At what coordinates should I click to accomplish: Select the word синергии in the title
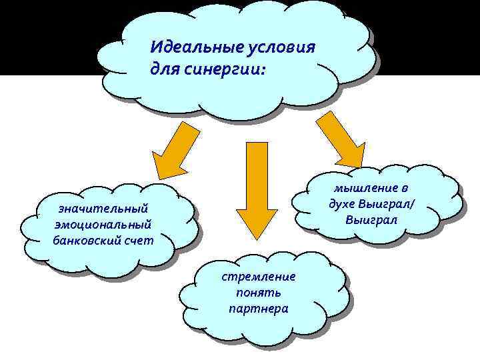pos(221,69)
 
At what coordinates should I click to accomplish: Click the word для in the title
pos(164,69)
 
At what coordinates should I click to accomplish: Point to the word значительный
pos(102,209)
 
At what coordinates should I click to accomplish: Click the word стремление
pos(259,277)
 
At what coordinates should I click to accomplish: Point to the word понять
pos(259,293)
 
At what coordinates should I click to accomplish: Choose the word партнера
pos(259,309)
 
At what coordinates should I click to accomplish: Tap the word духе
pos(343,204)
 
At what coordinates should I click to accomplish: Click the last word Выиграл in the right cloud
pos(372,219)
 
